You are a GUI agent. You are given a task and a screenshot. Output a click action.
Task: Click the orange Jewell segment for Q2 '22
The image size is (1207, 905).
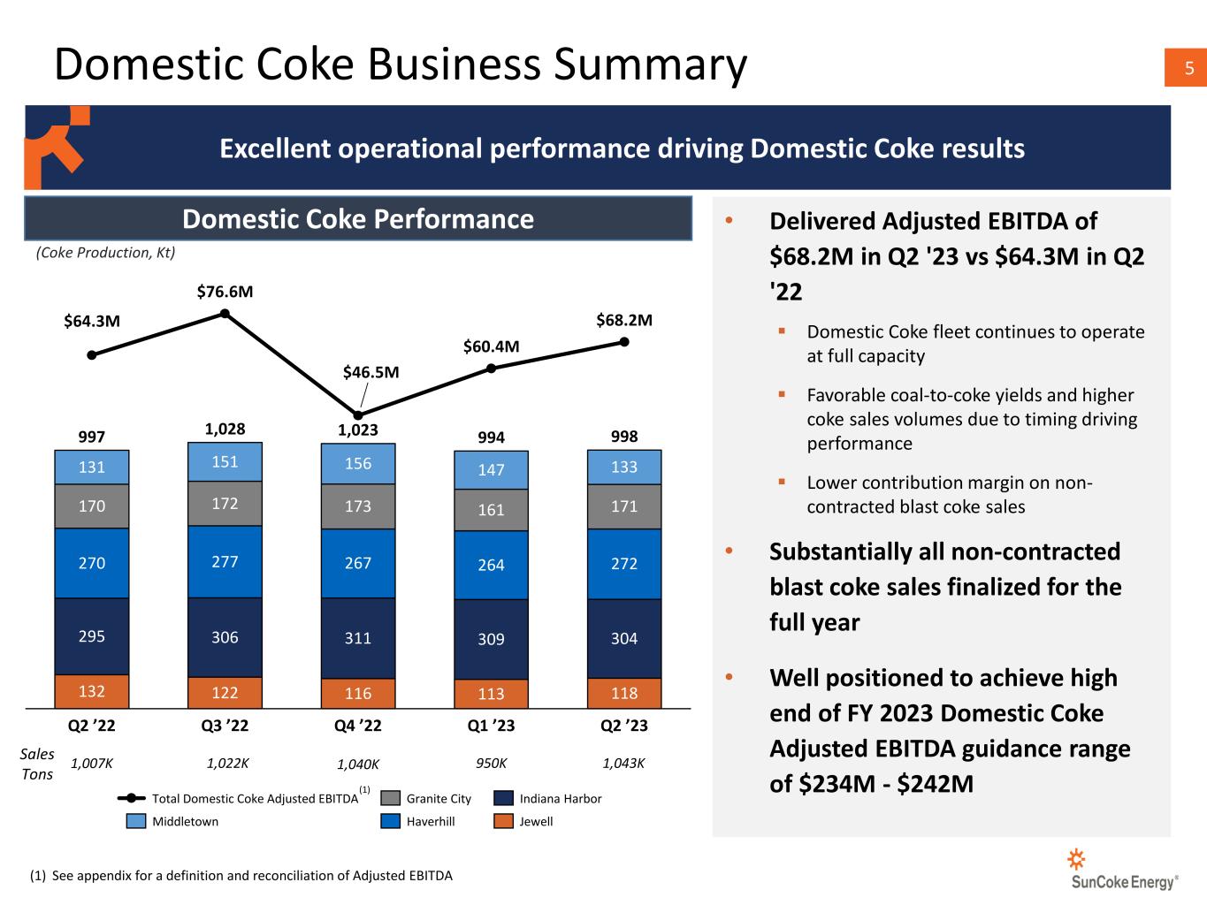[92, 691]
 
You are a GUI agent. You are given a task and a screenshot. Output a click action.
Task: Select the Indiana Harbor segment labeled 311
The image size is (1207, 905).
[358, 638]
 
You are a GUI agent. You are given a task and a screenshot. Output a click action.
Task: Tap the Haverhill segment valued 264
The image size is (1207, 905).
[491, 565]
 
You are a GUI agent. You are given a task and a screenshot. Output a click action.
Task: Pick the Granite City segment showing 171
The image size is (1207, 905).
[624, 506]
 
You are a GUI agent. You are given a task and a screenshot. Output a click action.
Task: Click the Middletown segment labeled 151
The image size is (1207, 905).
[225, 461]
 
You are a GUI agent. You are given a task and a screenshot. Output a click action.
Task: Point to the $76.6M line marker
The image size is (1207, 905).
[225, 313]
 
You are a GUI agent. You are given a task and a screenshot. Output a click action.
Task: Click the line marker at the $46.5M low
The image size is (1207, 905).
[358, 414]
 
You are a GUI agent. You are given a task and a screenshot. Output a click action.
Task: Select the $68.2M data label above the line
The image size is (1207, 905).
[624, 320]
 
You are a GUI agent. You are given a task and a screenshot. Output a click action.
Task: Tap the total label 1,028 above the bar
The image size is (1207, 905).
[225, 429]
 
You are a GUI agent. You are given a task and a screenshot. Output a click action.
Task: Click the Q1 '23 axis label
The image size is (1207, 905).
[491, 726]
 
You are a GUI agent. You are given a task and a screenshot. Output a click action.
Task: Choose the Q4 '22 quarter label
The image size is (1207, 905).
[358, 726]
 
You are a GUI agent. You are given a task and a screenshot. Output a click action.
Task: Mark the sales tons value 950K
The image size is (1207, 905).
[491, 764]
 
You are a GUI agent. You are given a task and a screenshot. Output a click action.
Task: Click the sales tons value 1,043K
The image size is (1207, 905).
[624, 764]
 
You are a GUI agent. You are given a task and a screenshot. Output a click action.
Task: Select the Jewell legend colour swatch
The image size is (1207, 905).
[503, 821]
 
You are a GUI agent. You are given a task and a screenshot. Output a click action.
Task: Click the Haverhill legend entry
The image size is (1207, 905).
[418, 821]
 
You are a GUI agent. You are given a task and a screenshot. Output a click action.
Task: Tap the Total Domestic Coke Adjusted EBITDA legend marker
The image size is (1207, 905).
[132, 798]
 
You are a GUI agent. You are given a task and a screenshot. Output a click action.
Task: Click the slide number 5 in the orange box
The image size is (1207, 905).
[1188, 68]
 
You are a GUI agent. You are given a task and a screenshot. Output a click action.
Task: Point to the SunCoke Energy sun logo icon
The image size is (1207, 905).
[1076, 859]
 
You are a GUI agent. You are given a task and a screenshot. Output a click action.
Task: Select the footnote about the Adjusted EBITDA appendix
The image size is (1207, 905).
[241, 875]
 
